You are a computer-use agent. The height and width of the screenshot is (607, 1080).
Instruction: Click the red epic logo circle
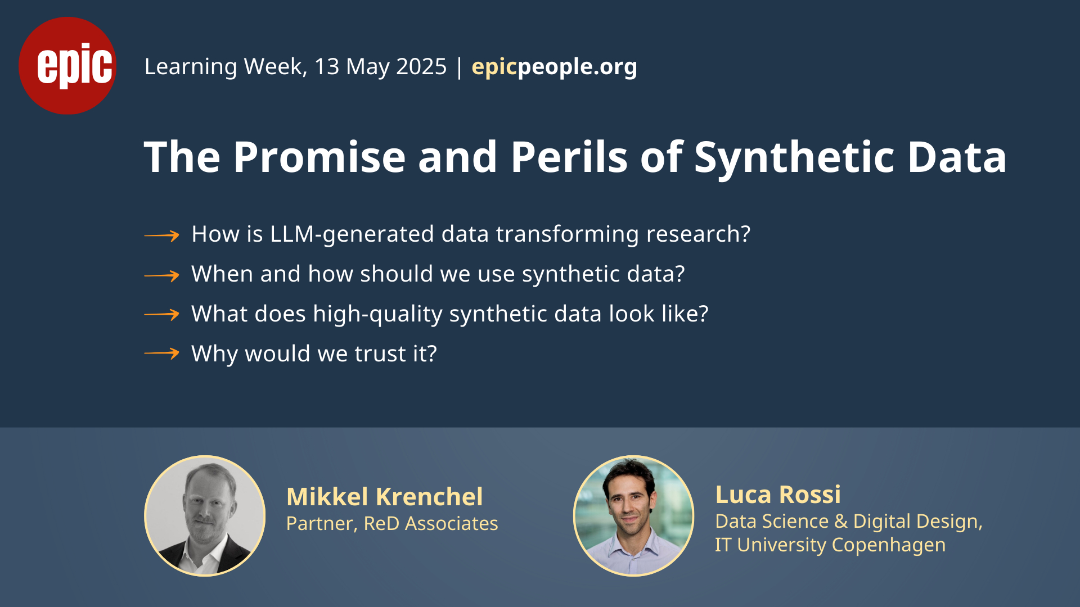(67, 66)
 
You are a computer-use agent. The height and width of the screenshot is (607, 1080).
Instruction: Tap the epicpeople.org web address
(554, 67)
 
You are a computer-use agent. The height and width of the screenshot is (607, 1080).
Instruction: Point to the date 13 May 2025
(380, 67)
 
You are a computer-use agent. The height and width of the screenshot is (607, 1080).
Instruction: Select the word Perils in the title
(569, 157)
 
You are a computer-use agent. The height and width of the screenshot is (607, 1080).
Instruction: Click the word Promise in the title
(319, 157)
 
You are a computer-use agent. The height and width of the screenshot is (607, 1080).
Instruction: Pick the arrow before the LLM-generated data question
(161, 235)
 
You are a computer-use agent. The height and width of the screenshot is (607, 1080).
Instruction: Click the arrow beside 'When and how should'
(161, 275)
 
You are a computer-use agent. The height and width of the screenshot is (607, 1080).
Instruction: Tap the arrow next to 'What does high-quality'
(161, 315)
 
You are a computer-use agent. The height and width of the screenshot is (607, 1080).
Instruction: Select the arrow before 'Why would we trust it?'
(161, 354)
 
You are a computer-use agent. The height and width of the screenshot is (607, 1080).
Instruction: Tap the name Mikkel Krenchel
(385, 497)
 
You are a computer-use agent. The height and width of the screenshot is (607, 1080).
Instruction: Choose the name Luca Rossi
(778, 495)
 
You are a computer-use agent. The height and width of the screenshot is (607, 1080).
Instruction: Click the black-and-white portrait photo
(205, 516)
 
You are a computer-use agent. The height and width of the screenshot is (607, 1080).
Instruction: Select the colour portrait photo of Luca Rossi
(633, 516)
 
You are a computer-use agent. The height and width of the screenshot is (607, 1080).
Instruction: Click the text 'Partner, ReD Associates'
(392, 524)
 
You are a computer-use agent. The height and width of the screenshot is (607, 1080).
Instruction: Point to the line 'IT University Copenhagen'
(830, 545)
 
